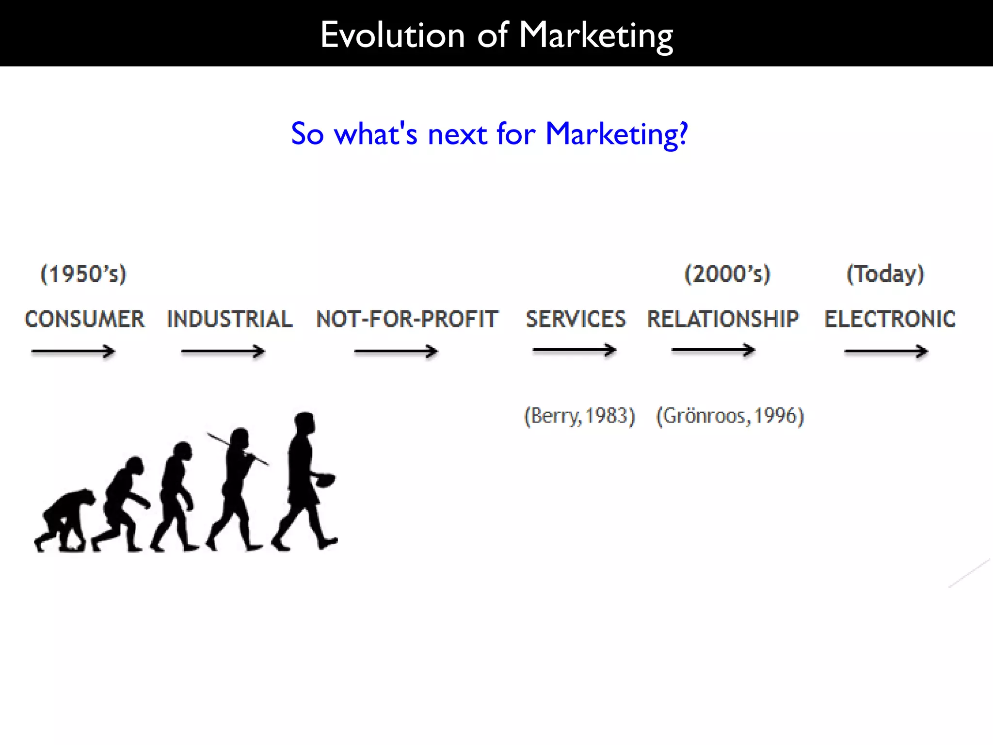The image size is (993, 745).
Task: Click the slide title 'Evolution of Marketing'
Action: [496, 35]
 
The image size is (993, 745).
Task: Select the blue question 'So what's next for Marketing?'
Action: [489, 134]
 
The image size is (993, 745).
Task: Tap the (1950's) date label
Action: [83, 274]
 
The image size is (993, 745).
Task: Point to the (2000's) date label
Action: [727, 274]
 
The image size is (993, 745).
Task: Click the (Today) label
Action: [885, 274]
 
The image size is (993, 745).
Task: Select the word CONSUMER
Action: [85, 319]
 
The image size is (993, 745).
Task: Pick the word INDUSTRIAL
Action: [230, 319]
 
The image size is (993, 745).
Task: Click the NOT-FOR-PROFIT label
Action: [407, 319]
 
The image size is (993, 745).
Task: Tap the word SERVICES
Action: [576, 319]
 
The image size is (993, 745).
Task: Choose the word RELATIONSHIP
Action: [723, 319]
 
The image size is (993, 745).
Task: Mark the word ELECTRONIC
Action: [890, 319]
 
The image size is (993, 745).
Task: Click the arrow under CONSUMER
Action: [73, 351]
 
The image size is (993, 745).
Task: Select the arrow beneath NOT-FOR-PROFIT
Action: [396, 351]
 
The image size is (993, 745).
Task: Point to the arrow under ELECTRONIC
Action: [886, 351]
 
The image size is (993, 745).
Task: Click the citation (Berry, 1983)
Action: [579, 416]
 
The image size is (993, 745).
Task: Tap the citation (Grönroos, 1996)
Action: [730, 416]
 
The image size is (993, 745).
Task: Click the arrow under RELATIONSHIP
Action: [713, 350]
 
